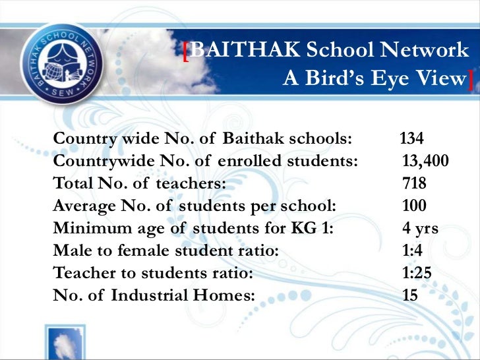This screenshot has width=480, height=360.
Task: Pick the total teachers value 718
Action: click(414, 183)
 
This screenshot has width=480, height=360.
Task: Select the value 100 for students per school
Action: click(414, 205)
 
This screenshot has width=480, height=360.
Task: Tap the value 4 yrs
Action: click(420, 228)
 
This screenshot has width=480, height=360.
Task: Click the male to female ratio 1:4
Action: click(414, 251)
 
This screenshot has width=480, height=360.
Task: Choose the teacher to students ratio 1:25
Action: click(418, 272)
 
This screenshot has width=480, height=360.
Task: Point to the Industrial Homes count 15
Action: click(410, 295)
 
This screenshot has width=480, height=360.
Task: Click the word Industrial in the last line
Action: click(149, 295)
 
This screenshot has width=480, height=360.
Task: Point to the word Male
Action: click(69, 251)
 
